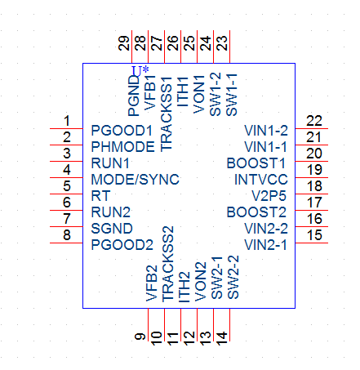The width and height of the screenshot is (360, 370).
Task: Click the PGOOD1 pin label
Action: point(122,131)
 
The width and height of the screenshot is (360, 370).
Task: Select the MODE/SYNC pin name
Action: point(136,180)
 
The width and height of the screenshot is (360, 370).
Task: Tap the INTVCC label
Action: point(261,180)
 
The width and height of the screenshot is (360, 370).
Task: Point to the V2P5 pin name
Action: point(269,196)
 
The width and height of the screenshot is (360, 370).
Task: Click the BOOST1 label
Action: point(256,163)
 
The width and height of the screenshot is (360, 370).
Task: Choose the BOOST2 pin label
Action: point(256,212)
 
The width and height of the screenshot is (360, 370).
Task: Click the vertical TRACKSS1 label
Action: point(167,114)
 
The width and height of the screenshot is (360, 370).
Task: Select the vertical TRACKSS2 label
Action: point(168,264)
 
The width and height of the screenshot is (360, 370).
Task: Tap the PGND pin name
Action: point(134,96)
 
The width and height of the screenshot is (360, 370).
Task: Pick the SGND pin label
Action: point(112,229)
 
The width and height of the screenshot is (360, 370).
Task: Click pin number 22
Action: point(314,121)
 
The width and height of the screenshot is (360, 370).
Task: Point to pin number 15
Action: point(314,235)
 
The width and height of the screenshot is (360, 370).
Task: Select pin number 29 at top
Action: point(124,43)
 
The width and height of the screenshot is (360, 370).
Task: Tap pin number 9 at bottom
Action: point(140,337)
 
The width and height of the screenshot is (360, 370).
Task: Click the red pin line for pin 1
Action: point(66,128)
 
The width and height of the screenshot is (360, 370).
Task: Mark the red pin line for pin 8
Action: point(66,243)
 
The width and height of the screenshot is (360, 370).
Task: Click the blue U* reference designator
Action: point(140,71)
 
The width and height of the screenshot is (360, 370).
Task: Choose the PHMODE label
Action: point(123,147)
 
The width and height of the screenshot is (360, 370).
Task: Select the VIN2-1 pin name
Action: point(266,245)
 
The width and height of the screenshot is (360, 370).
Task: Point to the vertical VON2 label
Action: point(201,282)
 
